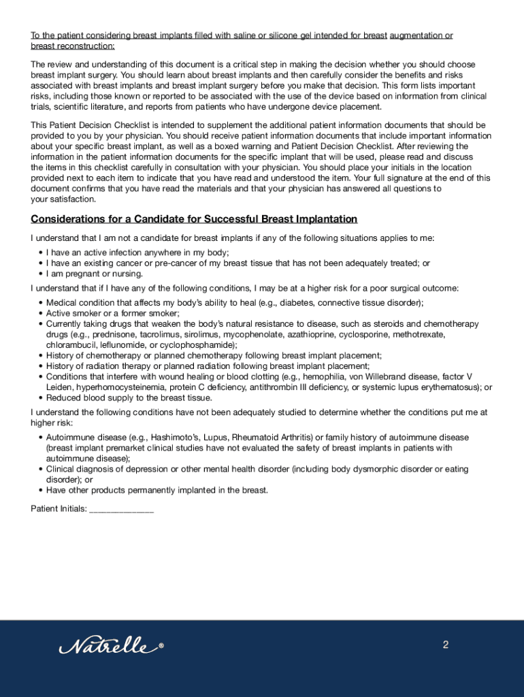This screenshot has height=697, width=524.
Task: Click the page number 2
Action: (x=446, y=645)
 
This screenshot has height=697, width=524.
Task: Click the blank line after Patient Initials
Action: (x=121, y=509)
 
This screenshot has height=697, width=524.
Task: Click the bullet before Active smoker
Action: (x=41, y=314)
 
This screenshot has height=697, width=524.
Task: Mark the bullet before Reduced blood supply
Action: (x=41, y=398)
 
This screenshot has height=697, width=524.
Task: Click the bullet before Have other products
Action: (x=41, y=491)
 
